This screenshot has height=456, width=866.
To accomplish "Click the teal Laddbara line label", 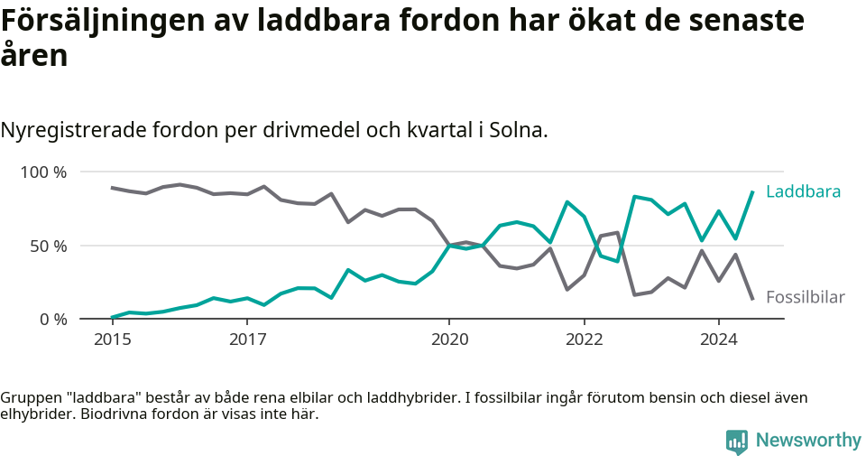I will pyautogui.click(x=803, y=191).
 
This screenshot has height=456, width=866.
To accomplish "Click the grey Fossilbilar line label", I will pyautogui.click(x=805, y=297).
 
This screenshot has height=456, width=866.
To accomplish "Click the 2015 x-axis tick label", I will pyautogui.click(x=112, y=340).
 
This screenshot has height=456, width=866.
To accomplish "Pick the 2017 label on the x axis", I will pyautogui.click(x=247, y=340).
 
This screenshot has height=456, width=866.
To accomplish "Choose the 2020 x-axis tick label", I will pyautogui.click(x=449, y=340).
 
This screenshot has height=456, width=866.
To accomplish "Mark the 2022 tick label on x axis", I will pyautogui.click(x=584, y=340).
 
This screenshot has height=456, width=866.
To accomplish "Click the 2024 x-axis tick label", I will pyautogui.click(x=719, y=340).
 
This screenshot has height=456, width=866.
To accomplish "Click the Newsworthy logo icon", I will pyautogui.click(x=737, y=441).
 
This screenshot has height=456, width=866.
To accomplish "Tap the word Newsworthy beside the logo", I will pyautogui.click(x=808, y=441).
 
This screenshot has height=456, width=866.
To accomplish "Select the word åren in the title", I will pyautogui.click(x=33, y=56).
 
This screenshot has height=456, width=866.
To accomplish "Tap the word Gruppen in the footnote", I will pyautogui.click(x=28, y=397).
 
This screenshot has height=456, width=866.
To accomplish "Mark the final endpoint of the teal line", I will pyautogui.click(x=752, y=191).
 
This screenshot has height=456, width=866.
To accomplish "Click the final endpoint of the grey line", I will pyautogui.click(x=752, y=298).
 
